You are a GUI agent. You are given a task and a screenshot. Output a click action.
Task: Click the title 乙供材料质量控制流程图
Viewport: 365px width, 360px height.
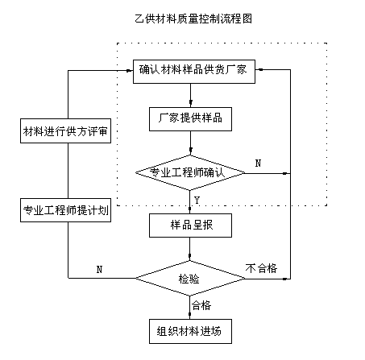(x=193, y=19)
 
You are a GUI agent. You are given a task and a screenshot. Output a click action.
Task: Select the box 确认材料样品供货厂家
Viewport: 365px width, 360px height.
(x=194, y=72)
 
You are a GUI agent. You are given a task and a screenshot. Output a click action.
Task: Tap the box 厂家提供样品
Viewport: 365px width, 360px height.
(x=190, y=119)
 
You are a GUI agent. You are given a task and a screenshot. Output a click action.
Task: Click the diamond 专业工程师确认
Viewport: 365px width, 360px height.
(x=190, y=173)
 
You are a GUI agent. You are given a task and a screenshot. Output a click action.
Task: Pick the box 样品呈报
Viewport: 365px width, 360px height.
(x=190, y=226)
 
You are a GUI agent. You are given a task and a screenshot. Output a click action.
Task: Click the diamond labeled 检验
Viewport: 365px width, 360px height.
(x=190, y=279)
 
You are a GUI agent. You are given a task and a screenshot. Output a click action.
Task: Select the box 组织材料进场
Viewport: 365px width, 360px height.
(x=190, y=331)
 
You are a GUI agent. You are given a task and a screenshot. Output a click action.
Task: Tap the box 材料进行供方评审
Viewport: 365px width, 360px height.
(x=65, y=130)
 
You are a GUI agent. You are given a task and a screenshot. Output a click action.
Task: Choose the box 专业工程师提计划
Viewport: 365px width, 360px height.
(x=65, y=210)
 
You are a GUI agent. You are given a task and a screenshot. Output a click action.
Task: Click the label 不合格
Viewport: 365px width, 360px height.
(x=261, y=268)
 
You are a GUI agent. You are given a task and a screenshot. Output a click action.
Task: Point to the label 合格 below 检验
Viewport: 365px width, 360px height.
(x=201, y=305)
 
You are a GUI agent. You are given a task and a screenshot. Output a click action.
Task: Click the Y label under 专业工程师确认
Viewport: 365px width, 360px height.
(x=197, y=200)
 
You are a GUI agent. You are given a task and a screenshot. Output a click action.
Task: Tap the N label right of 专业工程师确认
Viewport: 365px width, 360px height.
(x=258, y=163)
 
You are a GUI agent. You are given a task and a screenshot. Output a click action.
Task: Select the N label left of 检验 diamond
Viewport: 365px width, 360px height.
(x=99, y=269)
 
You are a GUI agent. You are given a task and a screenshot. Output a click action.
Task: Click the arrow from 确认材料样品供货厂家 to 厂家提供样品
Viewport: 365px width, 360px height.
(x=190, y=95)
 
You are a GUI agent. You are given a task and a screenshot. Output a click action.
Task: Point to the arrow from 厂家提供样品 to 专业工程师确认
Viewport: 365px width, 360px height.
(x=190, y=143)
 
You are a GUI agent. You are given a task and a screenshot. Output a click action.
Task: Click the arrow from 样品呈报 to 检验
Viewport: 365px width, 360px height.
(x=190, y=249)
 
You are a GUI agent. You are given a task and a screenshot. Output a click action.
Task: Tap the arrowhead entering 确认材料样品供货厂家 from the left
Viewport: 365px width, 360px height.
(x=130, y=71)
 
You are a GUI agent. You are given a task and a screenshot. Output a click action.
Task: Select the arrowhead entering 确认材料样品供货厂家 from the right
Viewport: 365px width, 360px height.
(x=259, y=70)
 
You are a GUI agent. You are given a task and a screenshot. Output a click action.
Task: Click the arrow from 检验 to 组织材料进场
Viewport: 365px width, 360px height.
(x=190, y=308)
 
